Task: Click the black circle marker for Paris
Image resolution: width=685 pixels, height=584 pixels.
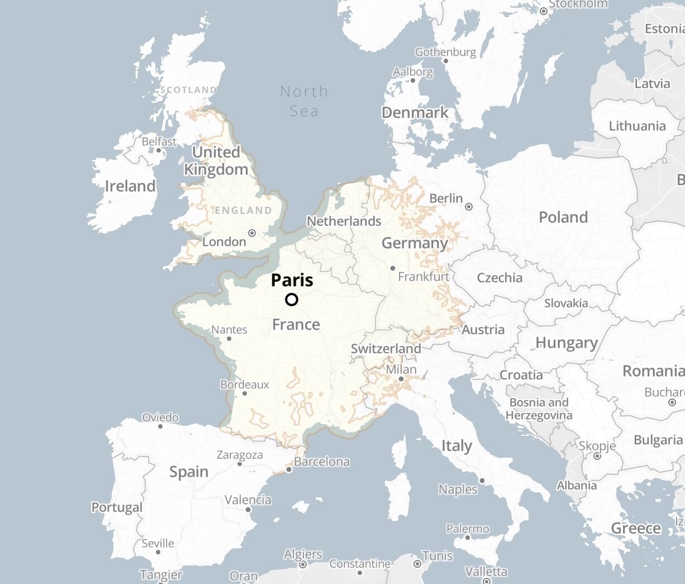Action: pos(292,300)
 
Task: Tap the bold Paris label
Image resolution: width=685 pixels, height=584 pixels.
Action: pos(292,280)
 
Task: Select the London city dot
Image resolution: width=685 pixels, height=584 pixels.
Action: pos(252,233)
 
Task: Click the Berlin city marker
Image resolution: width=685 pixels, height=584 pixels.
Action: pos(469,207)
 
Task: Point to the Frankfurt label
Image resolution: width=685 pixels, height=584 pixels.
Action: pos(424,277)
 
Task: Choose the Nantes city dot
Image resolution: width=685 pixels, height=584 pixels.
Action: pos(229,339)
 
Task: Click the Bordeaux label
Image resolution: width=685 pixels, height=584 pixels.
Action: pos(244,384)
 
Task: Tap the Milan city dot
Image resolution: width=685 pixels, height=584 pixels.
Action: pos(401,379)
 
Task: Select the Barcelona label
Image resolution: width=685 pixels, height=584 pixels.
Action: pos(322,462)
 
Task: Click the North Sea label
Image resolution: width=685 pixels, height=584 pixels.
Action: pos(304,101)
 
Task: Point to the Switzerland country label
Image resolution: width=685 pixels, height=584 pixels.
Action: pos(386,349)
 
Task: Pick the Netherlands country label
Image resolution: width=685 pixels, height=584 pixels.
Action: pos(344,221)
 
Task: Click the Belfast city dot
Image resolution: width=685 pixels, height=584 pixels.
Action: pos(159,150)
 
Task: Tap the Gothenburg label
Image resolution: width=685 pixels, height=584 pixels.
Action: pos(445,52)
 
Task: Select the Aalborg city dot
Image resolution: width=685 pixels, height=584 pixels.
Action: pos(413,80)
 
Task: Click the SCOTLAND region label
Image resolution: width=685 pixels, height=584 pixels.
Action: pos(188,90)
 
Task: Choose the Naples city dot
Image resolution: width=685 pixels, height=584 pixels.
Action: pos(482,481)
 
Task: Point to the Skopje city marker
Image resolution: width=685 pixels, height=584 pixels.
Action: pos(597,456)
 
